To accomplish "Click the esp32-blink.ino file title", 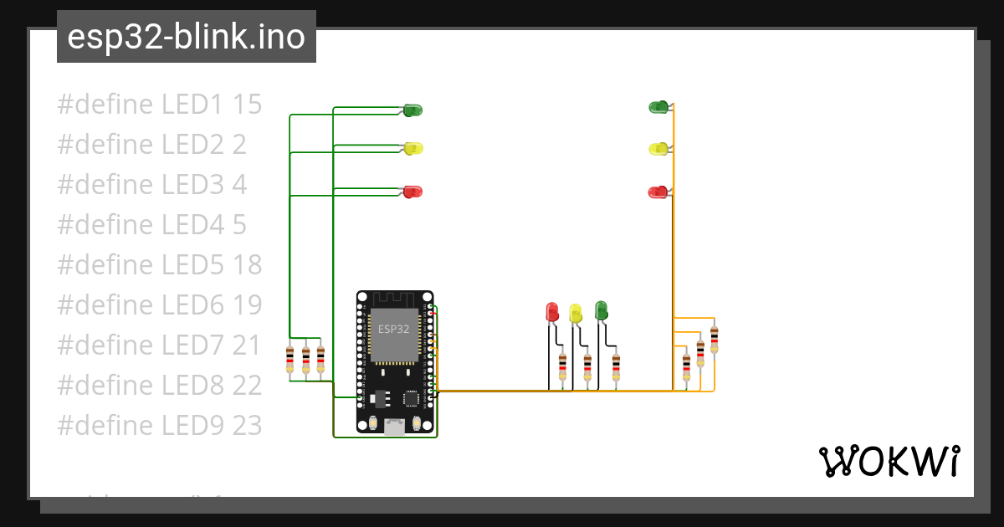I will click(186, 38).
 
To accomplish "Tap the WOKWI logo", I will click(889, 461).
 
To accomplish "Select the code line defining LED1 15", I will click(159, 105).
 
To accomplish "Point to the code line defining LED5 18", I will click(159, 264).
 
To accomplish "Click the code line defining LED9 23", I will click(159, 425).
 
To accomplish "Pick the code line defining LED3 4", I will click(151, 184).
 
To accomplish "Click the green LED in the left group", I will click(412, 110).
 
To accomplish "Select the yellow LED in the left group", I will click(413, 148).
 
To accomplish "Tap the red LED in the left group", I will click(412, 192).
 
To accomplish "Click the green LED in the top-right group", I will click(658, 106).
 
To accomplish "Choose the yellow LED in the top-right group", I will click(658, 149).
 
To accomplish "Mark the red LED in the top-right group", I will click(658, 192).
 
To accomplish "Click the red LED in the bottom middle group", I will click(551, 312).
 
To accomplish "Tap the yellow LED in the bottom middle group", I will click(575, 313).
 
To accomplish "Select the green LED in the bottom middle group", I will click(600, 310).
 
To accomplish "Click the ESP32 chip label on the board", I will click(393, 329).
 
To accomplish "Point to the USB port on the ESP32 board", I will click(394, 427).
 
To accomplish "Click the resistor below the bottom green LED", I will click(616, 366).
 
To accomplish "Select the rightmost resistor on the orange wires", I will click(714, 339).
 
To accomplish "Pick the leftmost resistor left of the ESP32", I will click(289, 359).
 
